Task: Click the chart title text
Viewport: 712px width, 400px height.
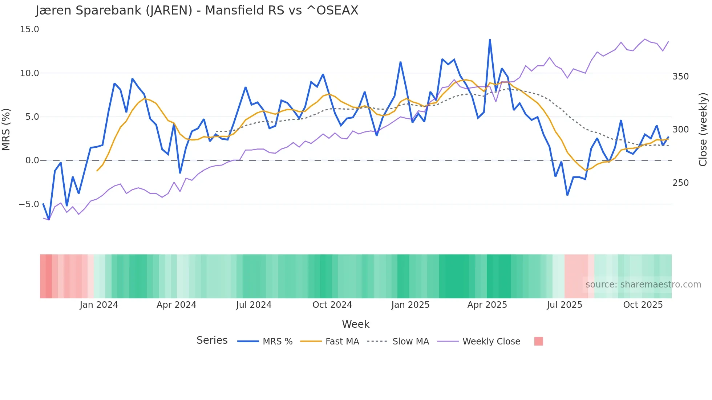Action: coord(197,11)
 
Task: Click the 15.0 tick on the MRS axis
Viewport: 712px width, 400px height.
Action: coord(29,29)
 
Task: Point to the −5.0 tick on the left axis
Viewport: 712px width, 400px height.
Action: coord(29,204)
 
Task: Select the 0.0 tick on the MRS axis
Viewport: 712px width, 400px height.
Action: coord(32,160)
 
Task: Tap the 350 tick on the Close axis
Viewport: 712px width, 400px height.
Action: coord(680,77)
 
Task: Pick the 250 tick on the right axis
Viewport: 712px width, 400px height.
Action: coord(680,183)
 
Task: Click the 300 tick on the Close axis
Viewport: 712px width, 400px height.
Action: coord(680,130)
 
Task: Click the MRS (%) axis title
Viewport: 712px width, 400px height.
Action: coord(6,130)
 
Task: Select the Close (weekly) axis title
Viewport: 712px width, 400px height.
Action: coord(703,130)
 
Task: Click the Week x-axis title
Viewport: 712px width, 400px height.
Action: coord(356,324)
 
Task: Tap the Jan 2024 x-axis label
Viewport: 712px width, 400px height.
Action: coord(99,305)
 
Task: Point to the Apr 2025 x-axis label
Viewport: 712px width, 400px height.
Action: coord(487,305)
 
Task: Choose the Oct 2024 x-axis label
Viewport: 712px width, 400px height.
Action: coord(332,305)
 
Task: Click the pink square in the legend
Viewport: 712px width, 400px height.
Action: coord(539,341)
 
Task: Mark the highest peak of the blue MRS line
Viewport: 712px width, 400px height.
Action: coord(490,40)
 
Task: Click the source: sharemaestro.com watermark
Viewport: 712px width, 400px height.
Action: coord(643,285)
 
